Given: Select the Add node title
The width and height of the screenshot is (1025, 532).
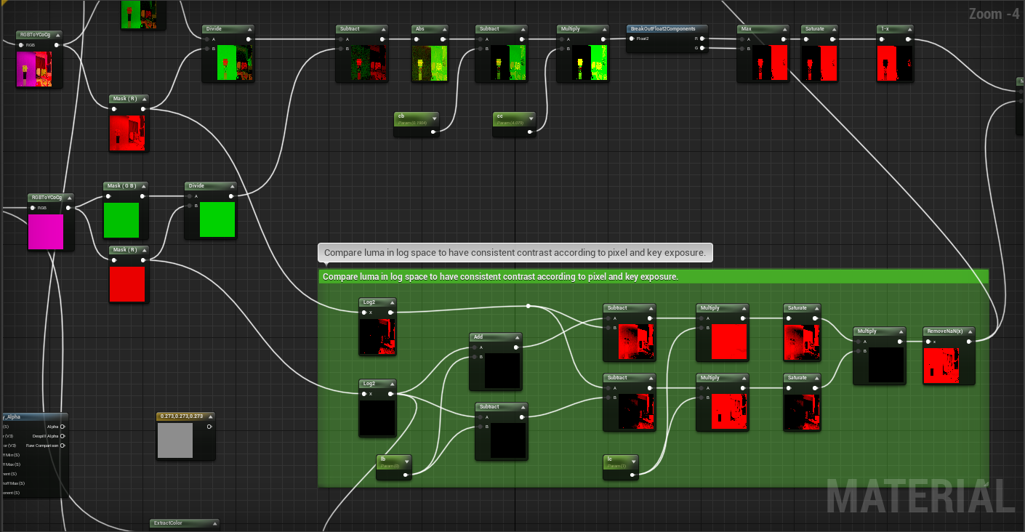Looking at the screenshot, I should coord(495,337).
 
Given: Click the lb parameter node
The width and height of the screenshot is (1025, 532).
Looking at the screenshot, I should coord(393,462).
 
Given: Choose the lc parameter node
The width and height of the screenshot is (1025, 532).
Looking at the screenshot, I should coord(620,462).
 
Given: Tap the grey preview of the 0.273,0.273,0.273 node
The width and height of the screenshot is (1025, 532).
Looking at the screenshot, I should coord(175,440).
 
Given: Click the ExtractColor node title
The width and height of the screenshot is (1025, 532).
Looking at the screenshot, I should coord(184,523).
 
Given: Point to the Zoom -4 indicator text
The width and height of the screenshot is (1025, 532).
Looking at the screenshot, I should coord(994,14).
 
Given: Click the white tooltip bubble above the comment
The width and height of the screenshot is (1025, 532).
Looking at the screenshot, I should coord(515,253).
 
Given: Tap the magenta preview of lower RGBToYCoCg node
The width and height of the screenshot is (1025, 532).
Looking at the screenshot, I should coord(46,232).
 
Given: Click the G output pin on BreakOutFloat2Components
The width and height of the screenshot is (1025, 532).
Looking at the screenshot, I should coord(702,48).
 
